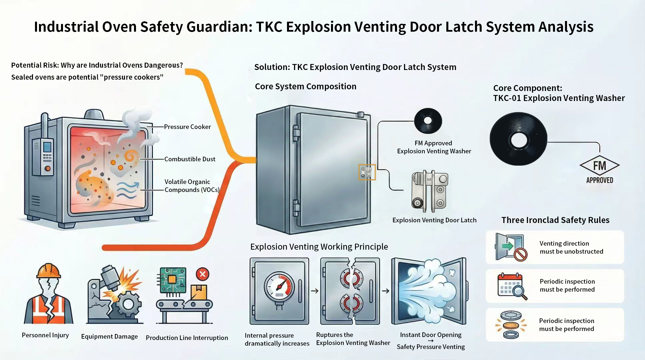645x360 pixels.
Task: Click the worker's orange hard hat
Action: click(49, 271)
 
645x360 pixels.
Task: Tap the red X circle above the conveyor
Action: click(202, 274)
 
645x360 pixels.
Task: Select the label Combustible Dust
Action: click(190, 159)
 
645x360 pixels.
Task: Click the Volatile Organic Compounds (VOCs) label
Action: click(192, 186)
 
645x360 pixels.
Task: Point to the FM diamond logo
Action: click(599, 166)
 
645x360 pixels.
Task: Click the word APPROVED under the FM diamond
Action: click(600, 180)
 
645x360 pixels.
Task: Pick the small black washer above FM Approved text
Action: click(428, 121)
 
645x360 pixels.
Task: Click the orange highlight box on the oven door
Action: click(367, 172)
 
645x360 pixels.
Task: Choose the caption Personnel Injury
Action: click(45, 335)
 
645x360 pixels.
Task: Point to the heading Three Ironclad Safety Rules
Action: click(555, 220)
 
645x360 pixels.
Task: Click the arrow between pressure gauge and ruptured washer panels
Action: click(314, 291)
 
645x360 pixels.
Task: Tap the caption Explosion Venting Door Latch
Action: click(434, 220)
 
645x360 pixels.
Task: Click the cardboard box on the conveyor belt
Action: click(199, 292)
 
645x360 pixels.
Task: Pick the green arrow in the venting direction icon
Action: click(508, 246)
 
